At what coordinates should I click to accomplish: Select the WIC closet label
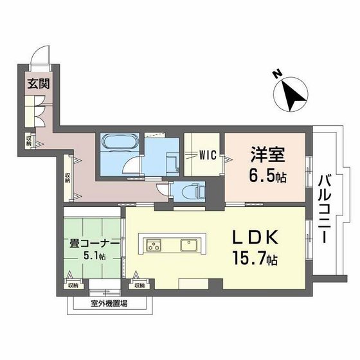click(206, 155)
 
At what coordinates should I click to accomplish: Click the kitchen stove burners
click(155, 245)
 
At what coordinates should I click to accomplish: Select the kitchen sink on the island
click(190, 245)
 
